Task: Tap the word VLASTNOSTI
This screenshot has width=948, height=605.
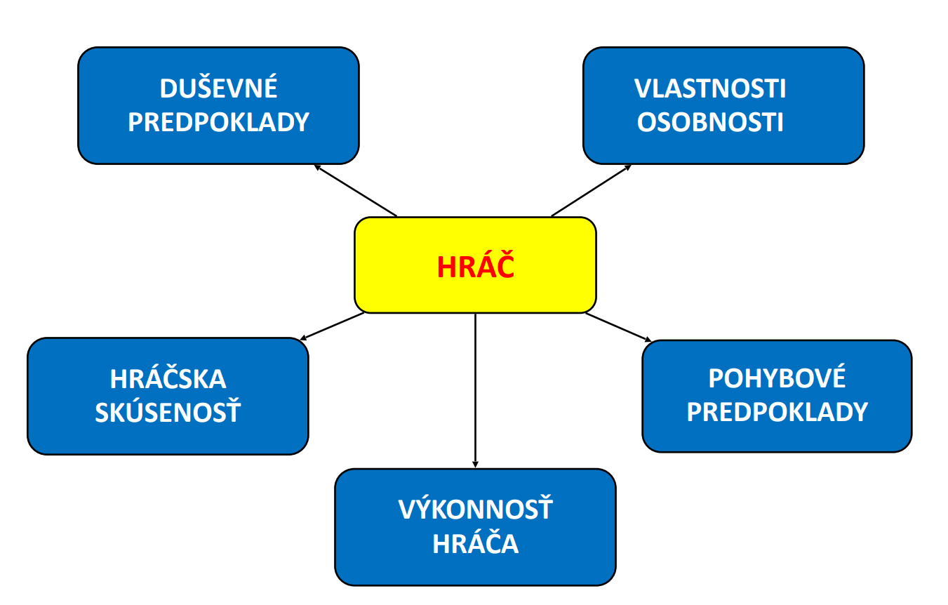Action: pos(709,88)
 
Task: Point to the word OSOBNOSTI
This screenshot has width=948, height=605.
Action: pos(709,122)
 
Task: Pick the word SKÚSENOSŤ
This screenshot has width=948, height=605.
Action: pos(168,411)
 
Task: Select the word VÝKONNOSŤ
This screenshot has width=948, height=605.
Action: pos(475,507)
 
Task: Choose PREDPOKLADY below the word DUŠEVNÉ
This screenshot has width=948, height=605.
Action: pos(218,122)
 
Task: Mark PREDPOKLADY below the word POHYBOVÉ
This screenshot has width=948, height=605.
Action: pos(777,411)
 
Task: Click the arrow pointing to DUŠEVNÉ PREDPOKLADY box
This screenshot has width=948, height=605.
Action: pos(356,190)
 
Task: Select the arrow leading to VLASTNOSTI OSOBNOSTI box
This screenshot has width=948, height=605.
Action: pos(592,190)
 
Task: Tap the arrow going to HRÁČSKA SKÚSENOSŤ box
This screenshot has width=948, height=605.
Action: pos(332,326)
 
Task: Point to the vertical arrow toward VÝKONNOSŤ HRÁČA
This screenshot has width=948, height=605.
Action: pos(475,391)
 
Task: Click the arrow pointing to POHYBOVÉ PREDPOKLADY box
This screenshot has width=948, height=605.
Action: pos(618,327)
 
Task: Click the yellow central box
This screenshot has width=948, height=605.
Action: pos(475,265)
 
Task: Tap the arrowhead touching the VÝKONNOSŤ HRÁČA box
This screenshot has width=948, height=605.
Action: pos(475,465)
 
